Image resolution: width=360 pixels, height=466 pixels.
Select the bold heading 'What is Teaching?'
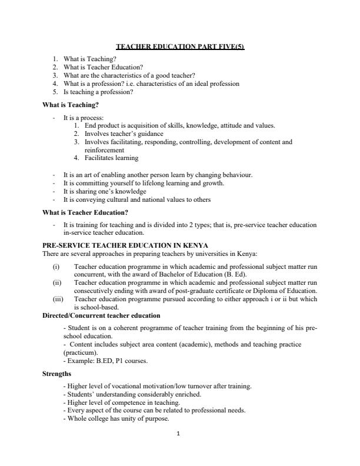coord(71,105)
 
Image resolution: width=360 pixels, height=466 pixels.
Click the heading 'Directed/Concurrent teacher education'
coord(101,316)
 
